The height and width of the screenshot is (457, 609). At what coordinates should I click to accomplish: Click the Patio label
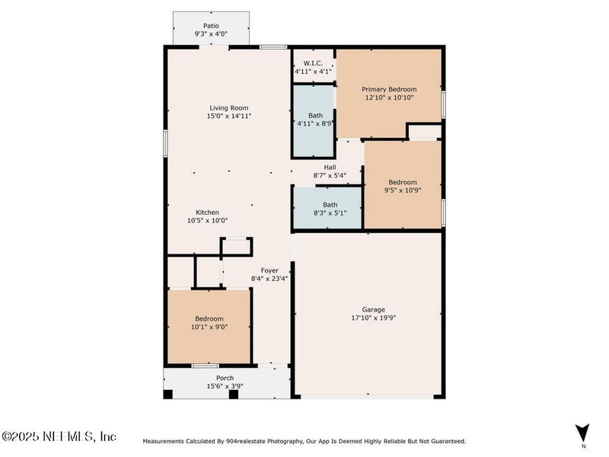click(x=211, y=26)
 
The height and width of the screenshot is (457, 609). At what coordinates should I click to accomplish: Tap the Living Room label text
click(x=229, y=108)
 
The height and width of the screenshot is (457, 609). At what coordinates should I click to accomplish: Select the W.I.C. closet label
click(x=313, y=62)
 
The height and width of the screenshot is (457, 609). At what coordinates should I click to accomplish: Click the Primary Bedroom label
click(x=389, y=89)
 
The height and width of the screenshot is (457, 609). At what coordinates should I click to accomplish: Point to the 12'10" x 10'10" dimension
click(x=389, y=97)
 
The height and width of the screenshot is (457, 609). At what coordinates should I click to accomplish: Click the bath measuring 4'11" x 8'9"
click(x=314, y=120)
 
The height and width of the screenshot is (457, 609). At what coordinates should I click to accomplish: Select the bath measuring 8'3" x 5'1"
click(x=330, y=209)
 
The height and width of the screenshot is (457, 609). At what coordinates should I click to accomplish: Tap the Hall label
click(x=330, y=168)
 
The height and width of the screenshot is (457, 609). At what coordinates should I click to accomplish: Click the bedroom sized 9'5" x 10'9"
click(x=403, y=187)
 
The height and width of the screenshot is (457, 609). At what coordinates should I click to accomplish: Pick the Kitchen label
click(x=208, y=213)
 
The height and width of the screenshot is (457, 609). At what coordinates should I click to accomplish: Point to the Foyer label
click(x=269, y=270)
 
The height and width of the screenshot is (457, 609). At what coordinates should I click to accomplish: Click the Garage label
click(x=373, y=309)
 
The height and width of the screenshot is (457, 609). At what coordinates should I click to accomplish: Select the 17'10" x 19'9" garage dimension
click(x=373, y=318)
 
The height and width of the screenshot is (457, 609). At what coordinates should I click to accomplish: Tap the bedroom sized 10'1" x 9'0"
click(x=209, y=322)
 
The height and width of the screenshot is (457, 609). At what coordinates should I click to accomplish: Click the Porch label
click(x=225, y=378)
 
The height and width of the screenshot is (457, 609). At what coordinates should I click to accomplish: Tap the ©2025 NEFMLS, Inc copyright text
click(x=59, y=436)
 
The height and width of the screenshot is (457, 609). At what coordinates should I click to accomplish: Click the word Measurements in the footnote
click(x=163, y=441)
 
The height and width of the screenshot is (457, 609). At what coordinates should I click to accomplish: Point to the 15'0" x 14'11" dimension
click(x=229, y=117)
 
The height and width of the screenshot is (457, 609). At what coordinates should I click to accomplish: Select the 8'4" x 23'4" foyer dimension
click(x=269, y=279)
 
